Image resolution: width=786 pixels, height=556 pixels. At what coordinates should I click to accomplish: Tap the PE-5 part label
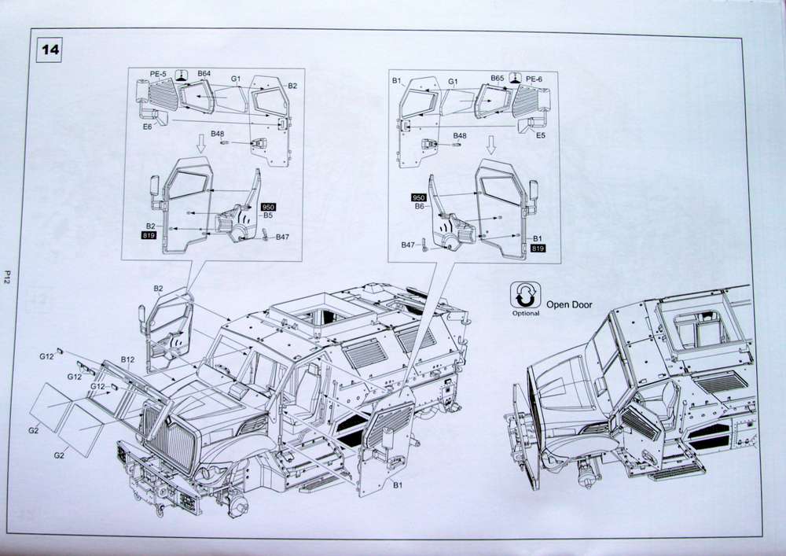[158, 74]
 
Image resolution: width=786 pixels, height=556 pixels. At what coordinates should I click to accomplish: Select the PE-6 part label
[534, 79]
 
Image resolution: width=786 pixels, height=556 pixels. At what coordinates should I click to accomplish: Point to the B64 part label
[204, 74]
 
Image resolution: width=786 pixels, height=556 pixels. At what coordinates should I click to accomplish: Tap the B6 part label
[419, 206]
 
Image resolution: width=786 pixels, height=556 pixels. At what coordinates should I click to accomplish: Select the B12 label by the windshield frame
[128, 360]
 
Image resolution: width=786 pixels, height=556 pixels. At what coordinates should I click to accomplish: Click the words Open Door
[569, 304]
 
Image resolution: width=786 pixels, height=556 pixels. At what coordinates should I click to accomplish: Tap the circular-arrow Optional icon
[525, 296]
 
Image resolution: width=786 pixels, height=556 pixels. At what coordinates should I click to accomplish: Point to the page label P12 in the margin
[6, 276]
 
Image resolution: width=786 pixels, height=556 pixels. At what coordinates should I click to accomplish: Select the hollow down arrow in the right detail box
[492, 144]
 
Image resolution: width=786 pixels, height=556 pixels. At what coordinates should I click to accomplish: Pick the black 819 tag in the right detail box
[538, 249]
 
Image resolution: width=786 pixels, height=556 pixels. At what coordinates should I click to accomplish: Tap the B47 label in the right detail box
[407, 245]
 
